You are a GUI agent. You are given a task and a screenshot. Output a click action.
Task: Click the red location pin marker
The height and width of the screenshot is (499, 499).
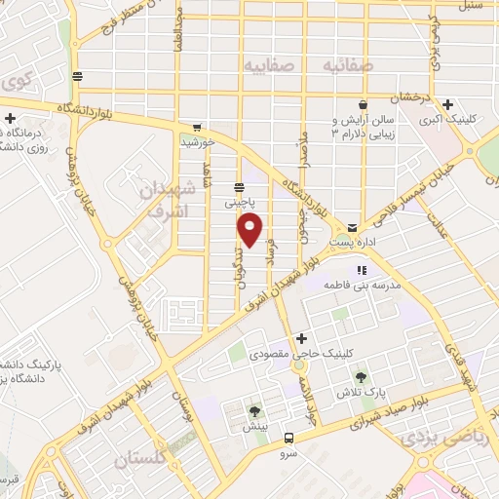250,229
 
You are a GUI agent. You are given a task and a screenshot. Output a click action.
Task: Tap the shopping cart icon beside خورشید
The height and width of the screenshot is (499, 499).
198,127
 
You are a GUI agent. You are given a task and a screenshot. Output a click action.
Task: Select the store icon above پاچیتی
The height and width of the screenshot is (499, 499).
240,187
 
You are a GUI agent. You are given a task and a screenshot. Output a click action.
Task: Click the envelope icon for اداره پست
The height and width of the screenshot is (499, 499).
352,224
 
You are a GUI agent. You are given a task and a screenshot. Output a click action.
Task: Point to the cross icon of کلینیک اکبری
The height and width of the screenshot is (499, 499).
447,105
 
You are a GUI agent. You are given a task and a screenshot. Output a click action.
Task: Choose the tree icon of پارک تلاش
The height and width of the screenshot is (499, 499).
362,377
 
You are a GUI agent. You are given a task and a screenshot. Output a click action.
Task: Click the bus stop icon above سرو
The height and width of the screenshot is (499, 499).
288,438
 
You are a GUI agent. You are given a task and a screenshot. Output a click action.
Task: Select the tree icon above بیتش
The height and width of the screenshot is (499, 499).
254,411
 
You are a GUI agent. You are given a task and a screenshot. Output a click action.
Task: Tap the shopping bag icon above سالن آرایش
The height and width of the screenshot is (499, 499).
363,104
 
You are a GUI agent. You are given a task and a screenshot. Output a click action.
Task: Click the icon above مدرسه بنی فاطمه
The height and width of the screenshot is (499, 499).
362,270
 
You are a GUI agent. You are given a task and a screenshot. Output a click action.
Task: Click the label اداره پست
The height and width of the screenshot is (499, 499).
352,240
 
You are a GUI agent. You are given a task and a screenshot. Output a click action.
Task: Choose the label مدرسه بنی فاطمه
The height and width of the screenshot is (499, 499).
360,287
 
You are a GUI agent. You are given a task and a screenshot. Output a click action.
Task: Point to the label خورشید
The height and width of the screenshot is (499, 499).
198,142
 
